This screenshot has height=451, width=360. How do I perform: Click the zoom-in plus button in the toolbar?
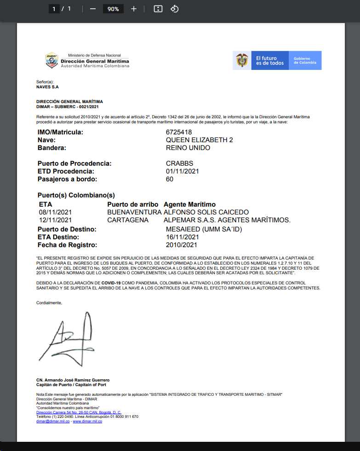[134, 9]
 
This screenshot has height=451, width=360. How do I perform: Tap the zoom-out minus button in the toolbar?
[93, 9]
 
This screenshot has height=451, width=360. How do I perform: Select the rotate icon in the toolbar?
[174, 9]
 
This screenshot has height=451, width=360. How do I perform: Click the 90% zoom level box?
[114, 9]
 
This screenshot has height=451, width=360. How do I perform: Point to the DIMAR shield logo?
[52, 60]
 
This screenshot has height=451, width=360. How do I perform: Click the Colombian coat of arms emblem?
[242, 60]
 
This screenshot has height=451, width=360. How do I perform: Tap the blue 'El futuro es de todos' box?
[270, 60]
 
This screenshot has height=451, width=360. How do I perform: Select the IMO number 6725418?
[179, 133]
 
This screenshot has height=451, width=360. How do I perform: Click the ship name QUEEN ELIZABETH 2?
[199, 140]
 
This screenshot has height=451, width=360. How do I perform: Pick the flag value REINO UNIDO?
[188, 148]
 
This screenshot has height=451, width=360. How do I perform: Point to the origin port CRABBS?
[179, 163]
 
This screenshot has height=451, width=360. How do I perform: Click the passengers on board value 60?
[170, 179]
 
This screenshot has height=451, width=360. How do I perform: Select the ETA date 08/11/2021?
[56, 212]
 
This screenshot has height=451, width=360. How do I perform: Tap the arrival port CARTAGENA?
[128, 220]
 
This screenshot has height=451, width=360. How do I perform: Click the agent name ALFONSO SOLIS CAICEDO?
[206, 212]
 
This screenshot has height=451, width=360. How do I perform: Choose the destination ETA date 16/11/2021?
[182, 237]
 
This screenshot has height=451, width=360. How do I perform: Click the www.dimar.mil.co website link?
[87, 421]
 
